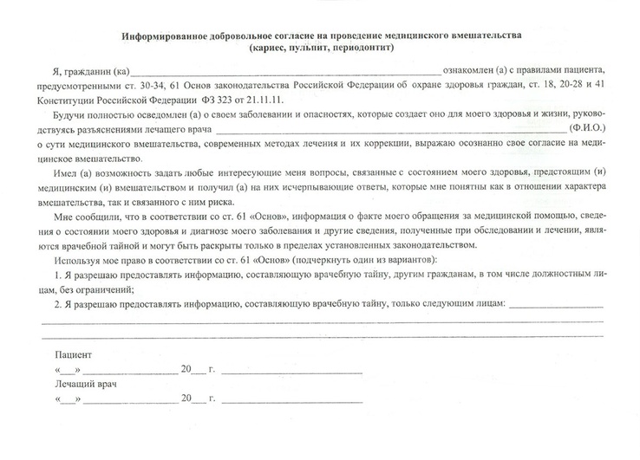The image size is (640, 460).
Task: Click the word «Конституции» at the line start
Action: tap(65, 101)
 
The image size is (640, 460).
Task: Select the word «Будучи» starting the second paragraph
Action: tap(69, 114)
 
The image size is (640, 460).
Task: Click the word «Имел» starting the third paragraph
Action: tap(66, 175)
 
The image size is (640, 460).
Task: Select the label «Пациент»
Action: tap(72, 356)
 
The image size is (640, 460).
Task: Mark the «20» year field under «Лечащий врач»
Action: tap(186, 399)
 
